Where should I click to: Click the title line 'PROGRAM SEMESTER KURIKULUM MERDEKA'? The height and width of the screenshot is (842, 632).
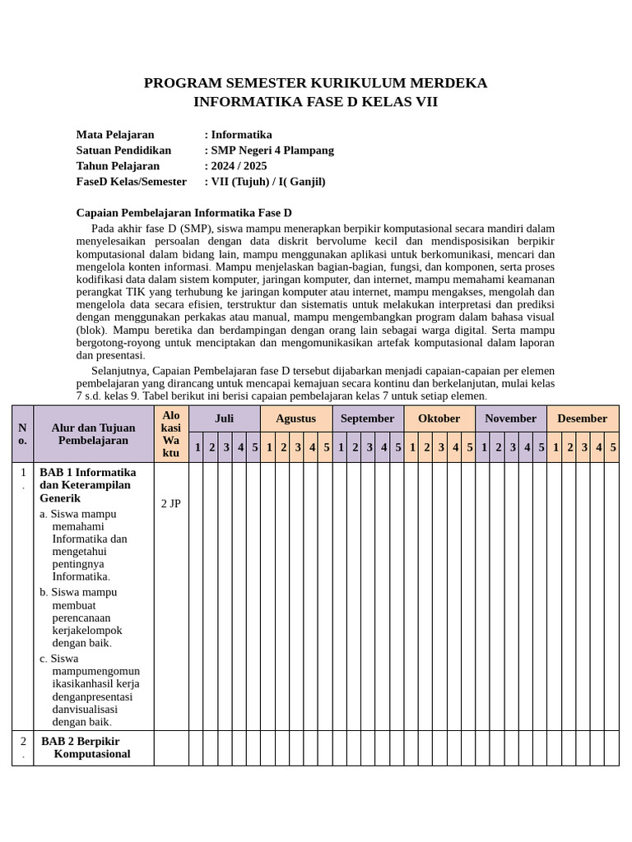(x=315, y=83)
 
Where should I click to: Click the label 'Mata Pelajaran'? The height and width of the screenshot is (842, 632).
(x=115, y=135)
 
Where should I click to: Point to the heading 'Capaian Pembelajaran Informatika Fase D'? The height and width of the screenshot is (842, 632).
(x=184, y=213)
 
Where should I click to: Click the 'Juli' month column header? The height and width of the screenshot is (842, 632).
(x=224, y=419)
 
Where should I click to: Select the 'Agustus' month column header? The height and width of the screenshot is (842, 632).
(x=295, y=419)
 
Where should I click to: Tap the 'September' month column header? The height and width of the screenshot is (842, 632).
(x=367, y=419)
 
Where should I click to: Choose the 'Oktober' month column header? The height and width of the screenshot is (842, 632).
(x=439, y=419)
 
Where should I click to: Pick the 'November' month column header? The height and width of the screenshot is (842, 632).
(x=510, y=419)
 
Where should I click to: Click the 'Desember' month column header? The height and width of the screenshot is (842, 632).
(x=582, y=419)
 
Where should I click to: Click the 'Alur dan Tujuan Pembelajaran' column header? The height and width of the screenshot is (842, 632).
(x=93, y=434)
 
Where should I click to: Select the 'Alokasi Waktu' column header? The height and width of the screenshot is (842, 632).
(x=170, y=434)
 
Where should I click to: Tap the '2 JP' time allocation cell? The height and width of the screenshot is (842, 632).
(x=170, y=504)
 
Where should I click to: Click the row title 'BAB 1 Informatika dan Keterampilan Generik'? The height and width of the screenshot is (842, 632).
(x=87, y=485)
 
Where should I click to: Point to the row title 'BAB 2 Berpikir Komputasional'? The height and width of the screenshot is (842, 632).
(x=86, y=747)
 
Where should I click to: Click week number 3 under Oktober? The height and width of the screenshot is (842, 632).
(x=441, y=447)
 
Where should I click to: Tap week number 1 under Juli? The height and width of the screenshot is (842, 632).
(x=197, y=447)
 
